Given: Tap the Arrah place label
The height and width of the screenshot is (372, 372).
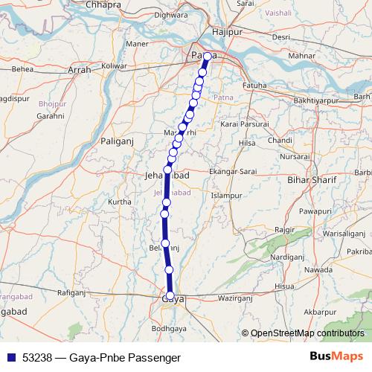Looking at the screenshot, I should pyautogui.click(x=79, y=70).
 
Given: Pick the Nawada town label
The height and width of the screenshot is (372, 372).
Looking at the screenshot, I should pyautogui.click(x=319, y=269).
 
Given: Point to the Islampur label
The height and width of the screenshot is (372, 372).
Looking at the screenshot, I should pyautogui.click(x=227, y=196).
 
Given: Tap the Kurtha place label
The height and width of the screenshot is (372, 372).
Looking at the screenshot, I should pyautogui.click(x=120, y=202).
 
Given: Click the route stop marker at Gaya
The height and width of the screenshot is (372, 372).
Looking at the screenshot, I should pyautogui.click(x=170, y=296).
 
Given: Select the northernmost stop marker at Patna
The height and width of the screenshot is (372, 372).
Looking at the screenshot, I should pyautogui.click(x=207, y=57).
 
